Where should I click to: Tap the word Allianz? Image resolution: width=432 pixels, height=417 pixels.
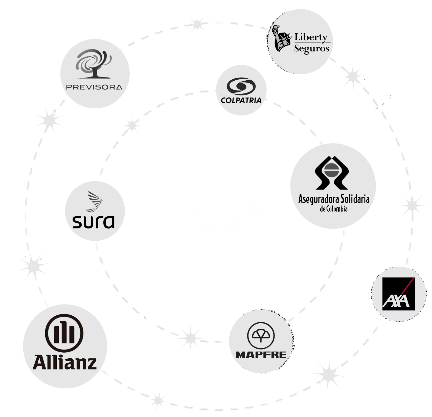pos(65,362)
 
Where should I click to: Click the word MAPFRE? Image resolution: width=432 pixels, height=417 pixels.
pos(261,355)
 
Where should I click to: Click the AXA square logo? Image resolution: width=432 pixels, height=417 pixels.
pos(399,294)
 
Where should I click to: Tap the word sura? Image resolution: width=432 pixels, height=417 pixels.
pos(94,222)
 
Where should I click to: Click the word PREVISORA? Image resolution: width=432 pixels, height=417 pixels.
pos(94,87)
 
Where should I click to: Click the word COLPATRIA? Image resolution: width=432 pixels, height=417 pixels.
pos(241,100)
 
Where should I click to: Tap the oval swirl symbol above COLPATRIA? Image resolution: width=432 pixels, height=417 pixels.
pos(241,86)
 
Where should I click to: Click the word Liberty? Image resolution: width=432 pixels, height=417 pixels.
pos(311,37)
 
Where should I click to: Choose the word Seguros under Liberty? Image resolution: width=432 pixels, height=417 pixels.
pos(312,48)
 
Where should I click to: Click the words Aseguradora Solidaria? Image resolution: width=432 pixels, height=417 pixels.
pos(334,199)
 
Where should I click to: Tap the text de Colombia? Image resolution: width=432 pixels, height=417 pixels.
pos(334,209)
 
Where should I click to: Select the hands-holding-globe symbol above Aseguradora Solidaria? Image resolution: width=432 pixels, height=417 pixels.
pos(332,173)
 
